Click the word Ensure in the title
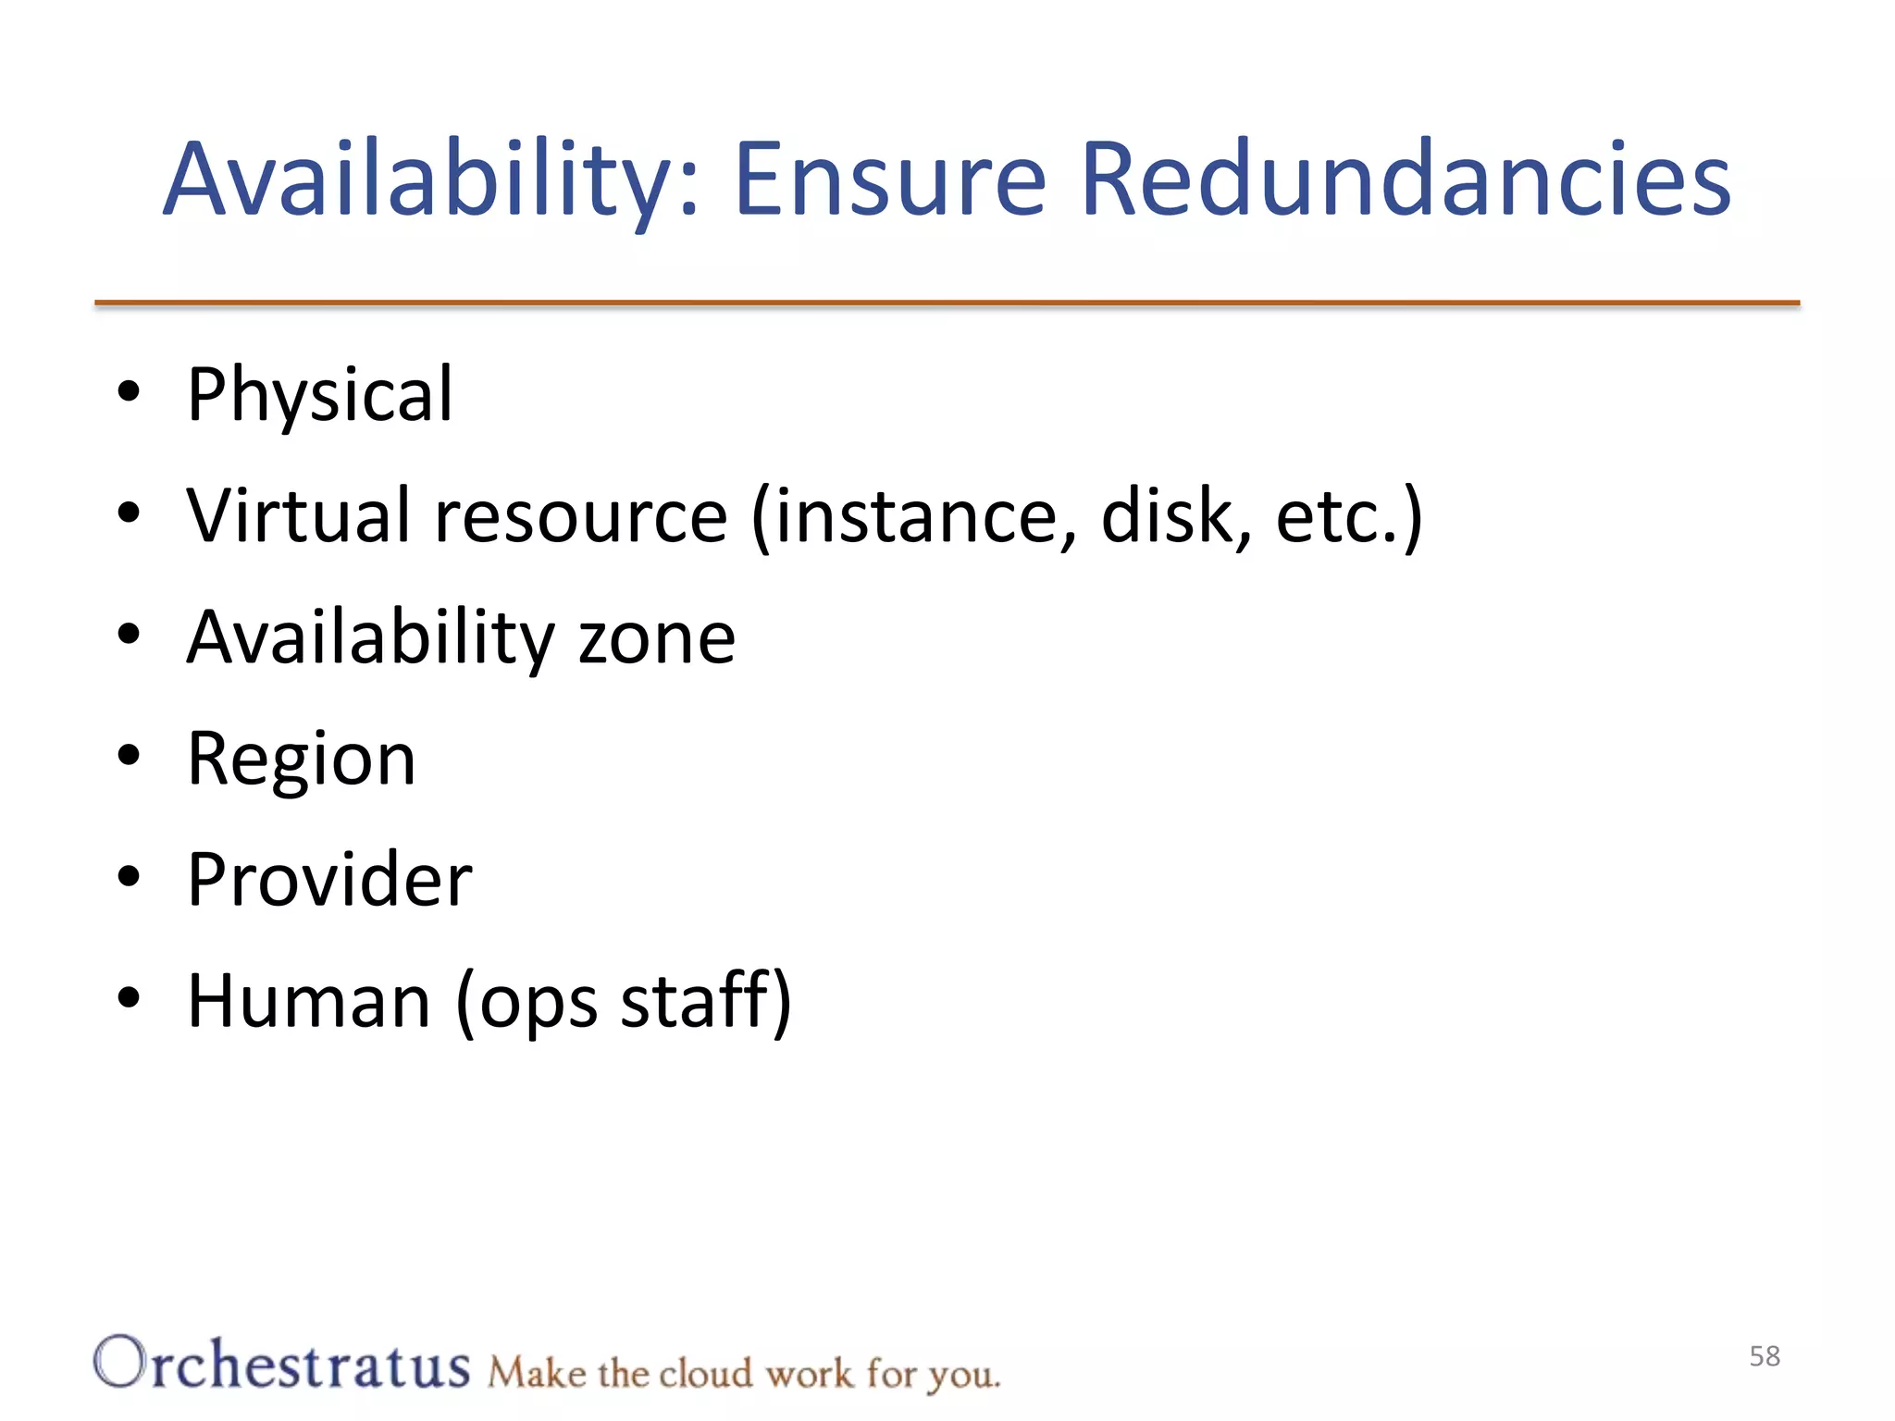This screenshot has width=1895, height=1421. coord(889,179)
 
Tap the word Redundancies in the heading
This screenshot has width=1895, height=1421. coord(1405,179)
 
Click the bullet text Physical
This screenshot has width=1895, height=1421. coord(320,396)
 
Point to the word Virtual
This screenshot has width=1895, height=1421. coord(298,515)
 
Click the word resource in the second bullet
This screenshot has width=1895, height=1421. coord(581,515)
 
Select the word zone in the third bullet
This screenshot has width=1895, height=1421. coord(656,637)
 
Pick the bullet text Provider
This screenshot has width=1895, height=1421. coord(329,880)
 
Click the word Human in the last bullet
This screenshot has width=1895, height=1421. coord(309,1001)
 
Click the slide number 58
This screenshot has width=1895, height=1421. coord(1765,1356)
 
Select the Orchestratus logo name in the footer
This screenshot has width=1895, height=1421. coord(281,1364)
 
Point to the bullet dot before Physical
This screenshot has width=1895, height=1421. coord(129,391)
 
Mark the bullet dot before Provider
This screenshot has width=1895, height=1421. coord(129,876)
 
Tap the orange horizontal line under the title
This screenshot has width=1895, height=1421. coord(947,303)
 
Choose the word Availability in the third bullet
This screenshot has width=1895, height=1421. coord(370,637)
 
